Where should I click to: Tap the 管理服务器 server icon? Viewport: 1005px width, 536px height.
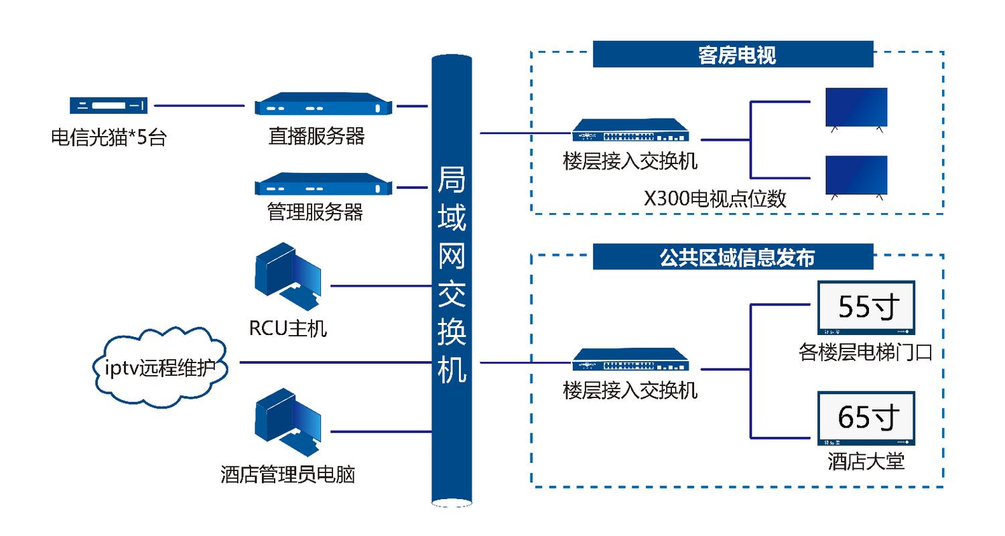(x=322, y=185)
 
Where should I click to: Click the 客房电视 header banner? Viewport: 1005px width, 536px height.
(x=733, y=54)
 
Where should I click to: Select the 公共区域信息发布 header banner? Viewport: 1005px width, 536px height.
(x=733, y=257)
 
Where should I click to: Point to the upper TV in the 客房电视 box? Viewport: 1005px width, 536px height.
(x=856, y=108)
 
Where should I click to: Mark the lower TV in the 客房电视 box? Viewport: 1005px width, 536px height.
(x=856, y=176)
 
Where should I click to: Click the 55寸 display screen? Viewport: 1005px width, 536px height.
(x=866, y=308)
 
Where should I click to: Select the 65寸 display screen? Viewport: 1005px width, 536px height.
(x=866, y=419)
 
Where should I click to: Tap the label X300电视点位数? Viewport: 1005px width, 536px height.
(x=715, y=199)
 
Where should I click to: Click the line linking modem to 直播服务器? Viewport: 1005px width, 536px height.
(x=199, y=105)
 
